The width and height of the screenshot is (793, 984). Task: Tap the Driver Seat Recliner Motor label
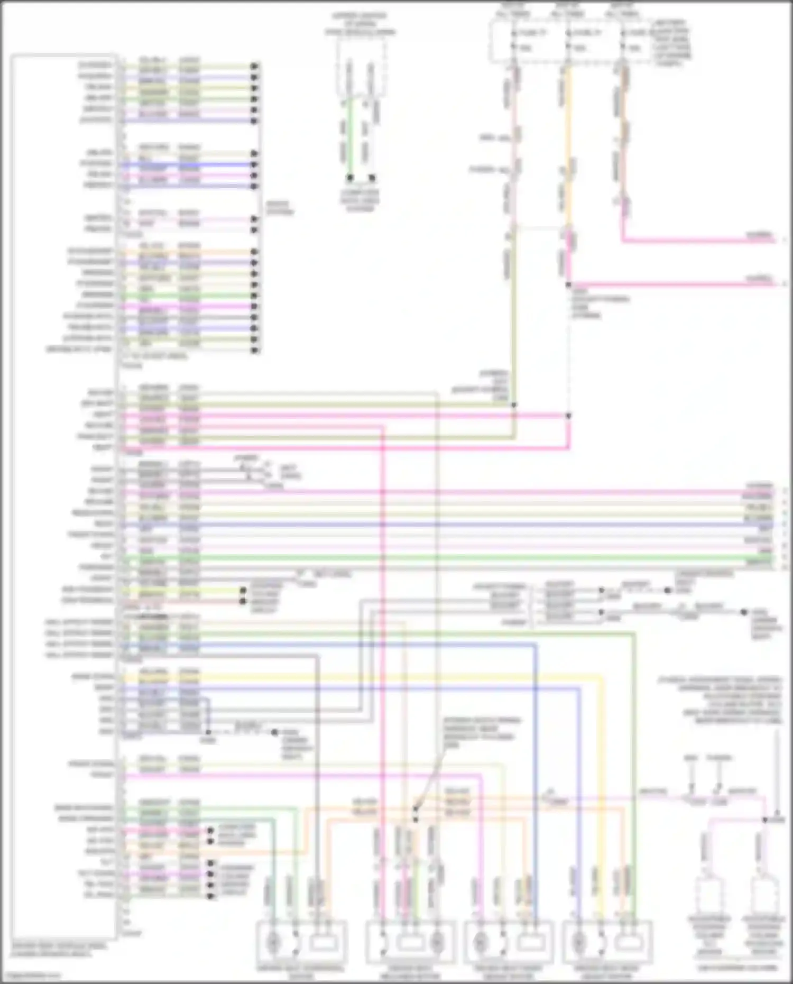point(410,972)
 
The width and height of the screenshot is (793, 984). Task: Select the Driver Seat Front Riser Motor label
point(508,972)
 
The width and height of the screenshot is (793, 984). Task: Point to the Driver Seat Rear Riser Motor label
point(606,972)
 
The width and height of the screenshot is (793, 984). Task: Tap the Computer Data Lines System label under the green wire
point(359,200)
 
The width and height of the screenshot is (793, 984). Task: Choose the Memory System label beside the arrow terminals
point(279,208)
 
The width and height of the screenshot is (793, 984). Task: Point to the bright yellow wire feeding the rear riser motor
point(601,793)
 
